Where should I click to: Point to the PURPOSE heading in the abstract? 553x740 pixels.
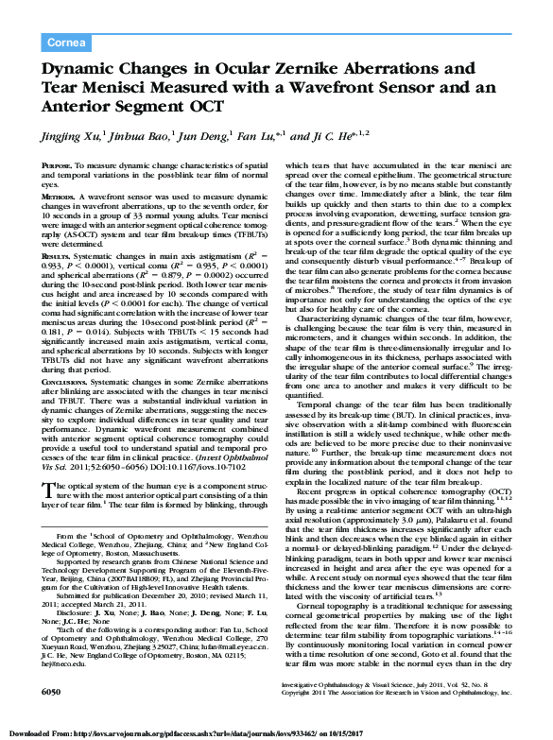point(59,165)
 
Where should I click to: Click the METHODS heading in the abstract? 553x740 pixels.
point(60,194)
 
